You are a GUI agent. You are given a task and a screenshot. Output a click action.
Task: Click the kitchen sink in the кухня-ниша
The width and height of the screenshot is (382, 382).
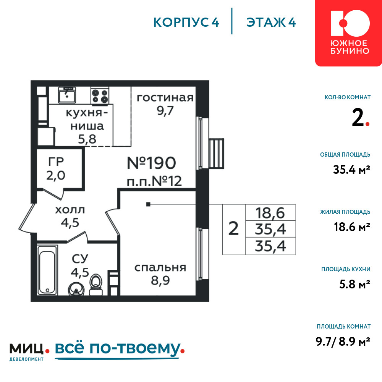point(67,95)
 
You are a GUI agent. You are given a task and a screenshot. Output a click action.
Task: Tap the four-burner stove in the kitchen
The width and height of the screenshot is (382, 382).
point(100,96)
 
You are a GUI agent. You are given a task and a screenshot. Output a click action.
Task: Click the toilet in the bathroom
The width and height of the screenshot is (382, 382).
point(96,285)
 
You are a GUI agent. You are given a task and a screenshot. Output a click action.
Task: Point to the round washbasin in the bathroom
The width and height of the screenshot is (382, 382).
point(76,289)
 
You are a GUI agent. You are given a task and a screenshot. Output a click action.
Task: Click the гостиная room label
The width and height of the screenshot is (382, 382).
point(165,97)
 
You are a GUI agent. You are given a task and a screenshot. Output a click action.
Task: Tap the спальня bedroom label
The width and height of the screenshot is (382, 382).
point(160,267)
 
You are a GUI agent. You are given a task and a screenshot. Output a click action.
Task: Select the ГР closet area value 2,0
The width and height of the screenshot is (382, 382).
point(56,175)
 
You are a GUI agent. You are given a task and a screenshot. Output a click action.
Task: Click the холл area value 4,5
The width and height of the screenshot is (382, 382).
point(70,222)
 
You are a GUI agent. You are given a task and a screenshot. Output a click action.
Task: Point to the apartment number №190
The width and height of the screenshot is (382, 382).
point(151,163)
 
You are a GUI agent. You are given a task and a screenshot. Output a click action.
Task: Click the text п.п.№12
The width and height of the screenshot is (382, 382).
point(154,181)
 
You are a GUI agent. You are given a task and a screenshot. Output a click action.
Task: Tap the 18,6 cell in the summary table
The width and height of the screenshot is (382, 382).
point(270,213)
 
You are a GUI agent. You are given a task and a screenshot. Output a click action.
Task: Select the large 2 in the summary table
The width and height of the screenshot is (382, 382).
point(234,229)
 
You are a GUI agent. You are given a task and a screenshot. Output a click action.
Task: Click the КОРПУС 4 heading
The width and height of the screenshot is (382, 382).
point(186,22)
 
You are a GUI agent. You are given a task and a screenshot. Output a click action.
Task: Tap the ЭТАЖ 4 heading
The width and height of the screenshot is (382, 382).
point(271,22)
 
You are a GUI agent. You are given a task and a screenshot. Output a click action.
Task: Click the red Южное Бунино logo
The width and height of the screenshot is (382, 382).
point(349,33)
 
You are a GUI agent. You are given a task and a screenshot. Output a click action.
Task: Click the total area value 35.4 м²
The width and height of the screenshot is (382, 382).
point(351,170)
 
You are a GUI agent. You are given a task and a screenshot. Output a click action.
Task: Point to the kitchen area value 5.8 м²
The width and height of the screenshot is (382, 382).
point(355,284)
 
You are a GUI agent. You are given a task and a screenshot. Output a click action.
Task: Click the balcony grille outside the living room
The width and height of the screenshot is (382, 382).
point(216,154)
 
